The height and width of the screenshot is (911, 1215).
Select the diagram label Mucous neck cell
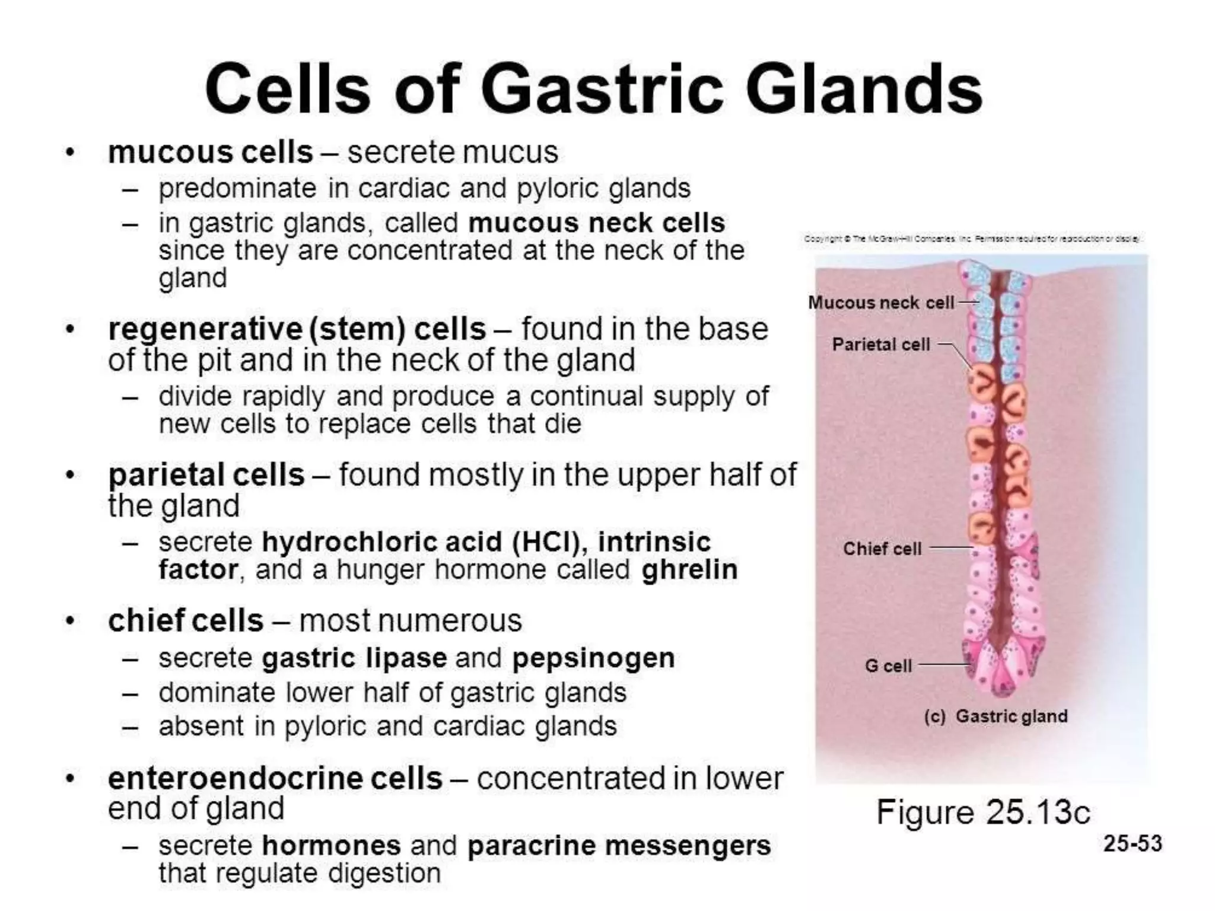pos(881,302)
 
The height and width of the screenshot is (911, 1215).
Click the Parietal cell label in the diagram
pos(881,345)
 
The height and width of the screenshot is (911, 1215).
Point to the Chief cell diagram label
pos(882,549)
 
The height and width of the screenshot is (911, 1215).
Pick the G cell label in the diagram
pos(888,665)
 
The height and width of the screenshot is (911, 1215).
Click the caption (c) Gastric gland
pos(995,716)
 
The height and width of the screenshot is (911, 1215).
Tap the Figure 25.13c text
pos(983,812)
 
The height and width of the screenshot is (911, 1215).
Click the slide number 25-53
pos(1132,843)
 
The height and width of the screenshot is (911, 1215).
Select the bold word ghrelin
pos(689,570)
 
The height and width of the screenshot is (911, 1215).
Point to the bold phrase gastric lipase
pos(354,658)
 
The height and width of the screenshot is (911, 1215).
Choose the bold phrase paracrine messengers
pos(619,846)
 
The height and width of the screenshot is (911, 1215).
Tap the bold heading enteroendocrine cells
pos(275,779)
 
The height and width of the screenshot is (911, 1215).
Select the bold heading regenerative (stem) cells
pos(297,329)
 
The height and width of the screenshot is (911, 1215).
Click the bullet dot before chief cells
pos(71,622)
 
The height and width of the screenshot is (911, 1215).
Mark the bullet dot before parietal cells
pos(71,476)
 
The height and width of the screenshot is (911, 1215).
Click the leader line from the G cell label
pos(943,665)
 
